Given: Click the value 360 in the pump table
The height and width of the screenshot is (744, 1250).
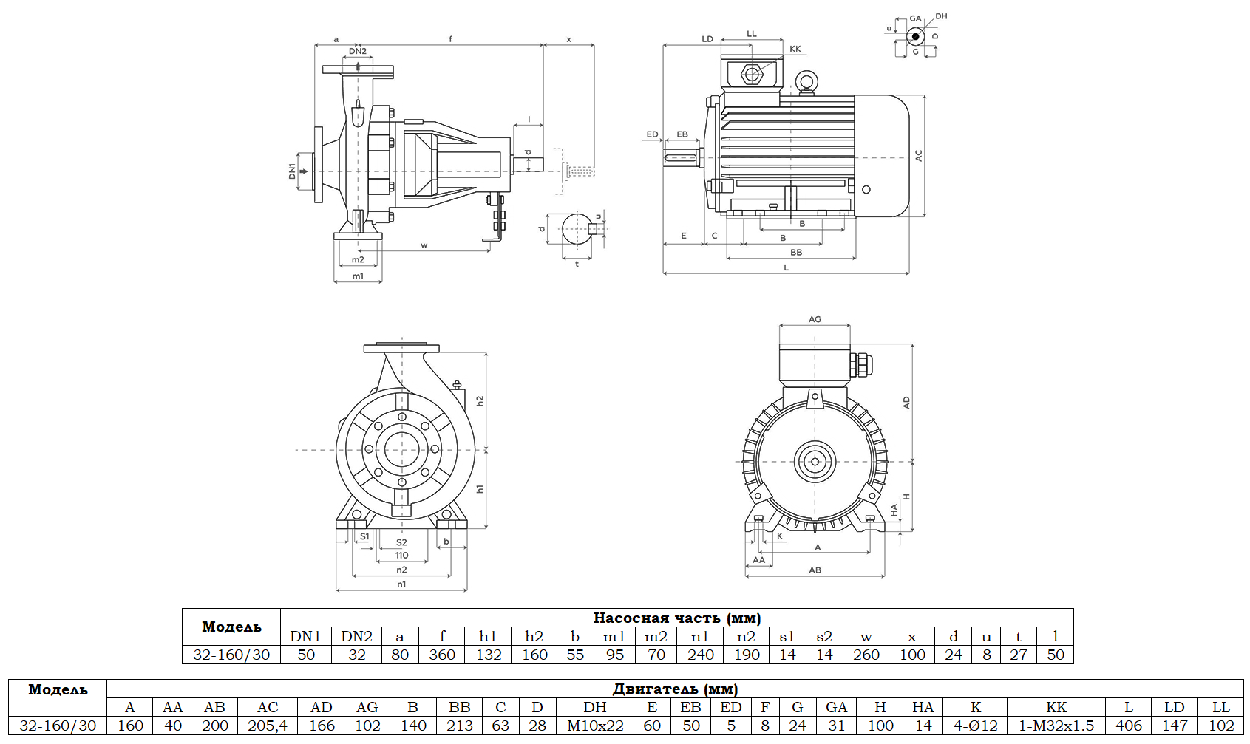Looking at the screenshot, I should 442,655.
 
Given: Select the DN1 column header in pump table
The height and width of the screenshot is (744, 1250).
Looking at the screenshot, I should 305,636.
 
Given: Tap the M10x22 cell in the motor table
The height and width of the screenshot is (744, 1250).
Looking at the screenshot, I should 595,726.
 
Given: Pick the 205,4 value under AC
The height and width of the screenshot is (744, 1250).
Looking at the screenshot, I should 268,726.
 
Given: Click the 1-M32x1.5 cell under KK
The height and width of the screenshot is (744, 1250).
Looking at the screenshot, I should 1056,726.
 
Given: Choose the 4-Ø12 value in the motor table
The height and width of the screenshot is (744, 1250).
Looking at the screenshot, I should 976,726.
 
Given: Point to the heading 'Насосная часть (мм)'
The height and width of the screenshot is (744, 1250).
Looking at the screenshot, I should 676,618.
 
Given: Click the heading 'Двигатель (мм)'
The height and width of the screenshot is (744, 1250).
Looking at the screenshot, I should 675,689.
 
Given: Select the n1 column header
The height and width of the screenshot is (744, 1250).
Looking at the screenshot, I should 700,636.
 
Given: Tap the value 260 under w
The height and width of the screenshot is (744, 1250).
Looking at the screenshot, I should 866,655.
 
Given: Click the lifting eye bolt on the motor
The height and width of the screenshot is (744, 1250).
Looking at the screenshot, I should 805,81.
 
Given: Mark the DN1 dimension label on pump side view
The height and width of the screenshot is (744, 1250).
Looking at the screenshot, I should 292,171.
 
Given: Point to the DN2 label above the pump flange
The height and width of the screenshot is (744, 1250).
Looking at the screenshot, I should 358,51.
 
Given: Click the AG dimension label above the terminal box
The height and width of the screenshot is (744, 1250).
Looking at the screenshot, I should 815,319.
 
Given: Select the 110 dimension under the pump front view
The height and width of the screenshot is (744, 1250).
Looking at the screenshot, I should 401,556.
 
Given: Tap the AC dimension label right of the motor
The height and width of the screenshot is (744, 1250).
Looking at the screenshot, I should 919,156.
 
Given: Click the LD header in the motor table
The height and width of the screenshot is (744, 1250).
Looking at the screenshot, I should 1174,707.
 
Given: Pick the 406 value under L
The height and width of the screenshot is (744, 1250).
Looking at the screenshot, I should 1128,726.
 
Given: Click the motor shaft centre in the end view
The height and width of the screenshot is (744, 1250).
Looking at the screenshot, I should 815,462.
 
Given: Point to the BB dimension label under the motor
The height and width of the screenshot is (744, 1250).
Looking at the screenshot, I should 796,253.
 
